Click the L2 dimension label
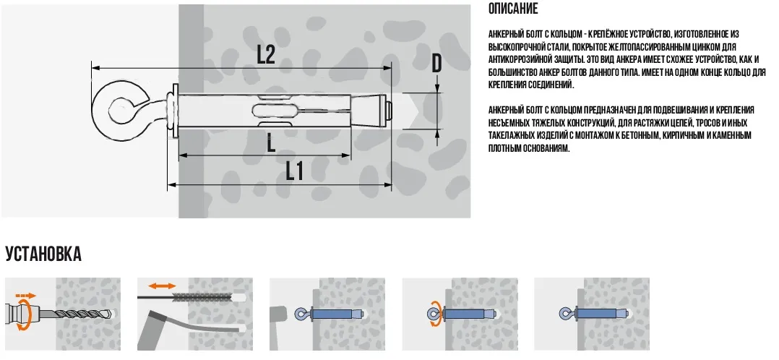[x=266, y=55]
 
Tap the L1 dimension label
[x=295, y=172]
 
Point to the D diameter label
[x=436, y=63]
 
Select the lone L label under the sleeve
[x=271, y=144]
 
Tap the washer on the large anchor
[x=173, y=111]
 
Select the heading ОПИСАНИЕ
[x=513, y=9]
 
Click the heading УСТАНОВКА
[x=43, y=254]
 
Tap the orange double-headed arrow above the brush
[x=163, y=286]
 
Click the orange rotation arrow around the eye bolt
[x=433, y=314]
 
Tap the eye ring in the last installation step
[x=564, y=314]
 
